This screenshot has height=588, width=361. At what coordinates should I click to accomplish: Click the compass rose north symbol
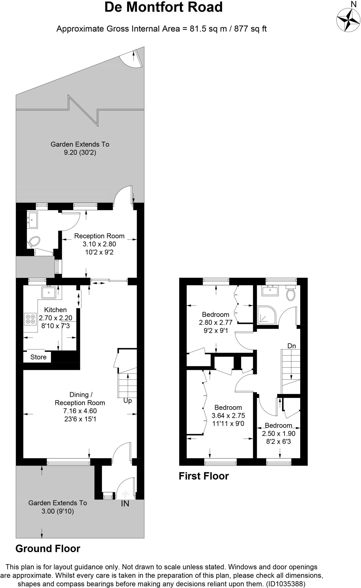point(348,20)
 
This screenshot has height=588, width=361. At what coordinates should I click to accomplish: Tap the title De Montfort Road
point(163,7)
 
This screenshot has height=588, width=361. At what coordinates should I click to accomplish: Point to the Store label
point(38,357)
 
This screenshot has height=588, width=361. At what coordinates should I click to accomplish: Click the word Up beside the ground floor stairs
point(127,401)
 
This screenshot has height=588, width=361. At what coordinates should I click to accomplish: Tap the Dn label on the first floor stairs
point(292,346)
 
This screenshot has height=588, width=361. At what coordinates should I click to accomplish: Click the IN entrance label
point(125,504)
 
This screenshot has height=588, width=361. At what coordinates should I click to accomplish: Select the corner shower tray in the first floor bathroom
point(265,315)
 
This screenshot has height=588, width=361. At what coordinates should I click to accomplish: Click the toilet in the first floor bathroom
point(290,294)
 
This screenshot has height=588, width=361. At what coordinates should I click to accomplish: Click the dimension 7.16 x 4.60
point(80,411)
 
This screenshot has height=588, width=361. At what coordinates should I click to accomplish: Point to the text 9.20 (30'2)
point(80,152)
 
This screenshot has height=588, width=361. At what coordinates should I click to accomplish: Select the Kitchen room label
point(55,310)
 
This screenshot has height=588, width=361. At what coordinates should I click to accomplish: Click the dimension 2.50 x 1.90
point(278,434)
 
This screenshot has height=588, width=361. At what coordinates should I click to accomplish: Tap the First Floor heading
point(203,476)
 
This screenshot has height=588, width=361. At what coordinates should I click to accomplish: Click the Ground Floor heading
point(48,549)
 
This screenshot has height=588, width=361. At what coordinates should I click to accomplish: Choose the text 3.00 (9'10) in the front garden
point(57,511)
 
